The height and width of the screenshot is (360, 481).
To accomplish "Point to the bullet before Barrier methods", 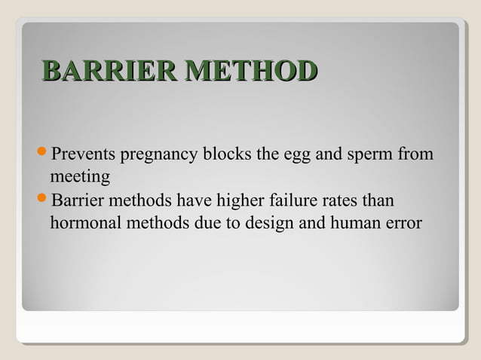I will pyautogui.click(x=42, y=201).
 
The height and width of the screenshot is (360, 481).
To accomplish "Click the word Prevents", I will pyautogui.click(x=79, y=155).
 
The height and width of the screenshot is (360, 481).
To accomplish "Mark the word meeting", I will pyautogui.click(x=80, y=178).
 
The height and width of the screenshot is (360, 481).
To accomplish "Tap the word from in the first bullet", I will pyautogui.click(x=418, y=155).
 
